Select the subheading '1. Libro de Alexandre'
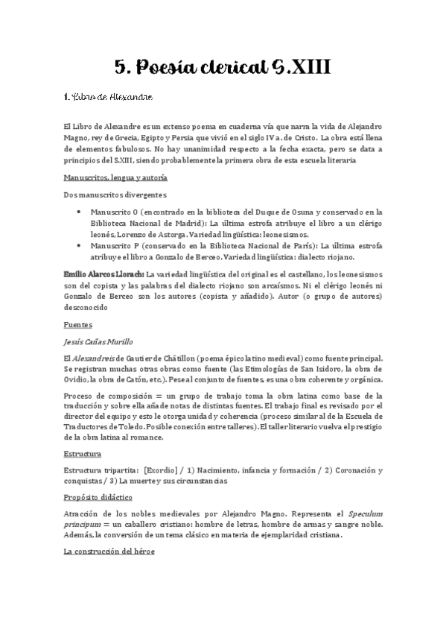point(108,97)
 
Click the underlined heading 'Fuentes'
point(77,325)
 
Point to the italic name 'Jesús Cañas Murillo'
point(98,341)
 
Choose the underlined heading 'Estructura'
point(82,454)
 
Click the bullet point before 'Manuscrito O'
point(80,212)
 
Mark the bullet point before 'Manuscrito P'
point(80,244)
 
